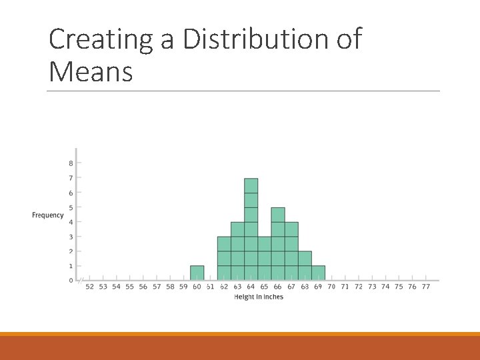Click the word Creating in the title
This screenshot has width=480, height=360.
click(x=101, y=39)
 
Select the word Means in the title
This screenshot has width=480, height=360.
click(x=91, y=71)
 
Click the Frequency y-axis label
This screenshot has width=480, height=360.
click(x=48, y=215)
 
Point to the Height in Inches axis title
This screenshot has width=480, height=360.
click(x=259, y=297)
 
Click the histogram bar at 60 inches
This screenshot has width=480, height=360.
click(x=197, y=273)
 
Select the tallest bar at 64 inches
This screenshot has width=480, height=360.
click(x=251, y=229)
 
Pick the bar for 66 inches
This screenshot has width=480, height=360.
click(x=278, y=244)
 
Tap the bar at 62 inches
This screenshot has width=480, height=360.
click(x=224, y=259)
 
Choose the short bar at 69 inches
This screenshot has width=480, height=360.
click(x=319, y=273)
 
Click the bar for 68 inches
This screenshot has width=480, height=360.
click(x=305, y=266)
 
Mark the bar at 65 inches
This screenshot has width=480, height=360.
click(x=264, y=259)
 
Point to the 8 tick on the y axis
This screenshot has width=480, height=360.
click(x=71, y=163)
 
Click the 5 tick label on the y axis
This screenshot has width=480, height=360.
click(x=71, y=207)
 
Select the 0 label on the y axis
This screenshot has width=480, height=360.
click(x=71, y=281)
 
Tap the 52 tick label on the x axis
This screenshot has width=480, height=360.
click(x=90, y=287)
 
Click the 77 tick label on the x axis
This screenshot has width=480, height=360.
click(x=426, y=287)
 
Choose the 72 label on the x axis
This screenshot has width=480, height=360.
click(x=359, y=287)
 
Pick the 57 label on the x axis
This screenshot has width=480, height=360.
click(x=157, y=287)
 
